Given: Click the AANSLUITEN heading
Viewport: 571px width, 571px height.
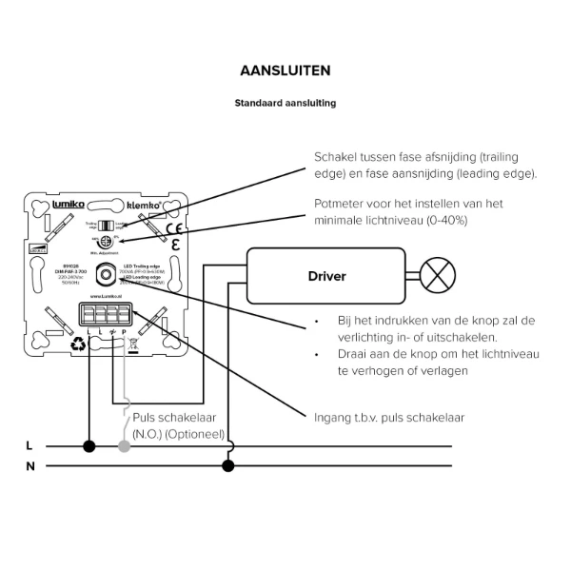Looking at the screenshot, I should [x=285, y=71].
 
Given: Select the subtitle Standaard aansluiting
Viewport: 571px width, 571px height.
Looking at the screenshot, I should [x=285, y=102].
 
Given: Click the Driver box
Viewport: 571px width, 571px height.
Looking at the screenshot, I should [x=326, y=277].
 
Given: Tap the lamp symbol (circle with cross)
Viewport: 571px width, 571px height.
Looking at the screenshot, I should [x=437, y=277].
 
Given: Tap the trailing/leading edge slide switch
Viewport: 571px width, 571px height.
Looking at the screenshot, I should [x=107, y=225].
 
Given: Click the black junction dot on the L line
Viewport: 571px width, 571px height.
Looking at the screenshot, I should [x=89, y=445].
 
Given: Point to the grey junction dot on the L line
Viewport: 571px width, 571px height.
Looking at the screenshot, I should [x=123, y=445].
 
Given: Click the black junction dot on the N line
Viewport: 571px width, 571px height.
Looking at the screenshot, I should [x=227, y=465].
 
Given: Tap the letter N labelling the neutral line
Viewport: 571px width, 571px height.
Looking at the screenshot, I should [x=30, y=466].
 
